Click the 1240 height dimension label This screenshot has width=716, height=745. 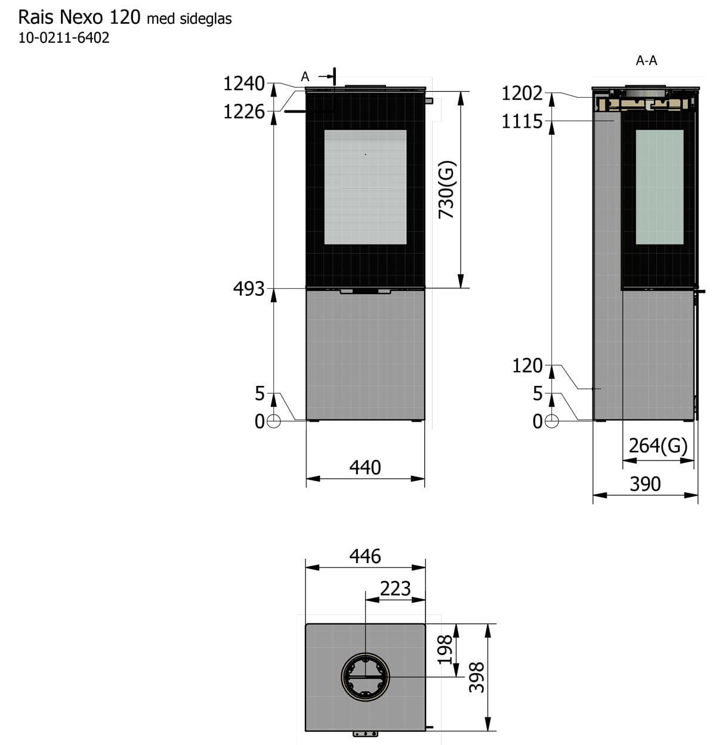pos(244,84)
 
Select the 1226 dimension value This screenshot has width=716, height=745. pos(244,112)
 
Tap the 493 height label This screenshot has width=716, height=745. pos(249,289)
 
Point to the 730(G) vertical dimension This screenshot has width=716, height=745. pos(447,190)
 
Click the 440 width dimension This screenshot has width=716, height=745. pos(365,468)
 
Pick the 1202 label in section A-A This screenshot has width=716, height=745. pos(522,94)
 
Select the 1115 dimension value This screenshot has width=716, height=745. pos(522,122)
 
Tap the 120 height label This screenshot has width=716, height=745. pos(527,366)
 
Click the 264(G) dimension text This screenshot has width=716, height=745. pos(658,445)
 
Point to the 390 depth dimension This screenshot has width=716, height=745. pos(645,484)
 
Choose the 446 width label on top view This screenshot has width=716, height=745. pos(365,556)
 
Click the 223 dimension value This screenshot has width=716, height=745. pos(395,588)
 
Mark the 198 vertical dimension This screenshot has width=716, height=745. pos(445,650)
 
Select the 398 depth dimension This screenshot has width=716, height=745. pos(477,678)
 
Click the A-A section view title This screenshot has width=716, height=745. pos(646,60)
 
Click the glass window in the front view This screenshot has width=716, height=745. pos(365,187)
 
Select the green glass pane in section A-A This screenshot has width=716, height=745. pos(659,187)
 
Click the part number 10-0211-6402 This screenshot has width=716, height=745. pos(64,38)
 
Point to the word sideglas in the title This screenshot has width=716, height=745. pos(206,18)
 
